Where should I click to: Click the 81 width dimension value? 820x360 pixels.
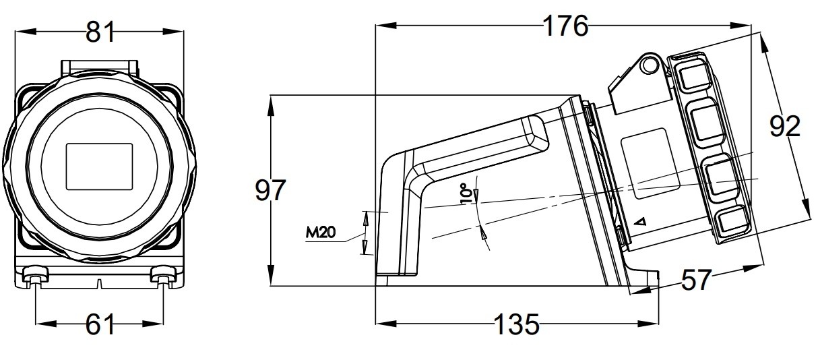100,32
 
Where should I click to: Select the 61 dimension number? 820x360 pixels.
100,326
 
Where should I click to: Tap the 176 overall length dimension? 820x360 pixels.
566,26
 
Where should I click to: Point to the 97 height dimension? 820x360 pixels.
270,191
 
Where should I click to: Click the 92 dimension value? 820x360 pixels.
784,126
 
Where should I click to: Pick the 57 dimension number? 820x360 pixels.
695,280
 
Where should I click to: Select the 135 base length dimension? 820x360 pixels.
517,326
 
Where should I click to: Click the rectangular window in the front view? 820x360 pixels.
100,166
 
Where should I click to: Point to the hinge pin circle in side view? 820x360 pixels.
649,64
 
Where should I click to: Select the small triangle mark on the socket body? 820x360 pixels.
641,221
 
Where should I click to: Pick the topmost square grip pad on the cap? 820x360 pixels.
691,76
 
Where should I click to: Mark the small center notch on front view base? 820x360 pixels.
100,282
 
